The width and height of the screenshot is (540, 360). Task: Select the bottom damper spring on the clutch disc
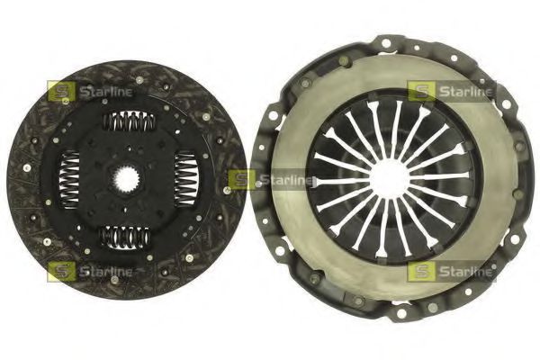[126, 237]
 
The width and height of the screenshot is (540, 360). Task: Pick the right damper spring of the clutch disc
[184, 171]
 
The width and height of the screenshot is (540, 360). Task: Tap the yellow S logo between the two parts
[240, 180]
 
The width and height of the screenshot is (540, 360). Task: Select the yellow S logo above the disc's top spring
[60, 91]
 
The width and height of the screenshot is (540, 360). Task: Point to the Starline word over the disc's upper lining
[105, 91]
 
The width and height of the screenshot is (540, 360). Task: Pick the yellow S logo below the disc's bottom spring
[60, 270]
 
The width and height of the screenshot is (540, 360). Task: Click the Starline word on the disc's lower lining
[105, 270]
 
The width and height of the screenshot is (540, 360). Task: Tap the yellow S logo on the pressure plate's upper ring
[420, 91]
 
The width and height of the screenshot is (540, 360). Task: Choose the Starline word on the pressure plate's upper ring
[465, 91]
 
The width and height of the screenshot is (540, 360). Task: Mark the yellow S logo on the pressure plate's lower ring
[420, 271]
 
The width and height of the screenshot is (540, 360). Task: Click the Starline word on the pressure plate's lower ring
[465, 271]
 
